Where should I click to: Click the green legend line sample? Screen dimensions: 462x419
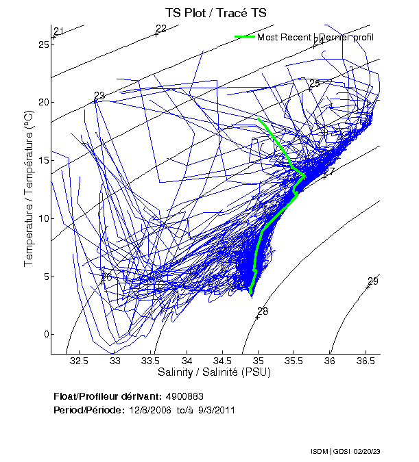244,37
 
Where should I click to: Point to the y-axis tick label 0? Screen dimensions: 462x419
45,335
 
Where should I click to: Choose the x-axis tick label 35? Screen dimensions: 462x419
259,361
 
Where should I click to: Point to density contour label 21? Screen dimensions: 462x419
58,31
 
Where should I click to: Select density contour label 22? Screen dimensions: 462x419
161,29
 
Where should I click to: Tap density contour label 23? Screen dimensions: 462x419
99,96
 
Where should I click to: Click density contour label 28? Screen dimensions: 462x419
263,311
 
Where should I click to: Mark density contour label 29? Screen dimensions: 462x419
373,281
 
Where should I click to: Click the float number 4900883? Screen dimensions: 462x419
184,396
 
